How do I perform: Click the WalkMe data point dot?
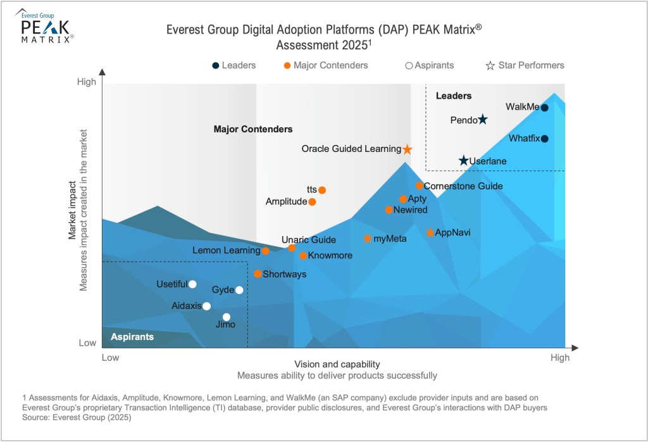click(544, 108)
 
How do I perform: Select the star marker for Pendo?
click(483, 119)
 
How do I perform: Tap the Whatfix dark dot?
click(544, 139)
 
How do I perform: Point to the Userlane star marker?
click(464, 161)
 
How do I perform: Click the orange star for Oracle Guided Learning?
click(408, 149)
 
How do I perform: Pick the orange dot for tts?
click(322, 190)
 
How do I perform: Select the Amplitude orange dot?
click(312, 202)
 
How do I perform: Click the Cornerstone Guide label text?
click(463, 186)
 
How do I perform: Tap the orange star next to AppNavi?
click(430, 233)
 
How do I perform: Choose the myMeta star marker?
click(368, 239)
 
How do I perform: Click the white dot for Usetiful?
click(192, 284)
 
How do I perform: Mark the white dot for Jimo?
click(227, 317)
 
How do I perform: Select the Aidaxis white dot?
click(206, 306)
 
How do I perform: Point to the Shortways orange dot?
click(258, 274)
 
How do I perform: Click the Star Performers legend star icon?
click(490, 65)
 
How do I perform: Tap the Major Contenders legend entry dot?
click(287, 65)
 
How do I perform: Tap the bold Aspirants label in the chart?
click(132, 337)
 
